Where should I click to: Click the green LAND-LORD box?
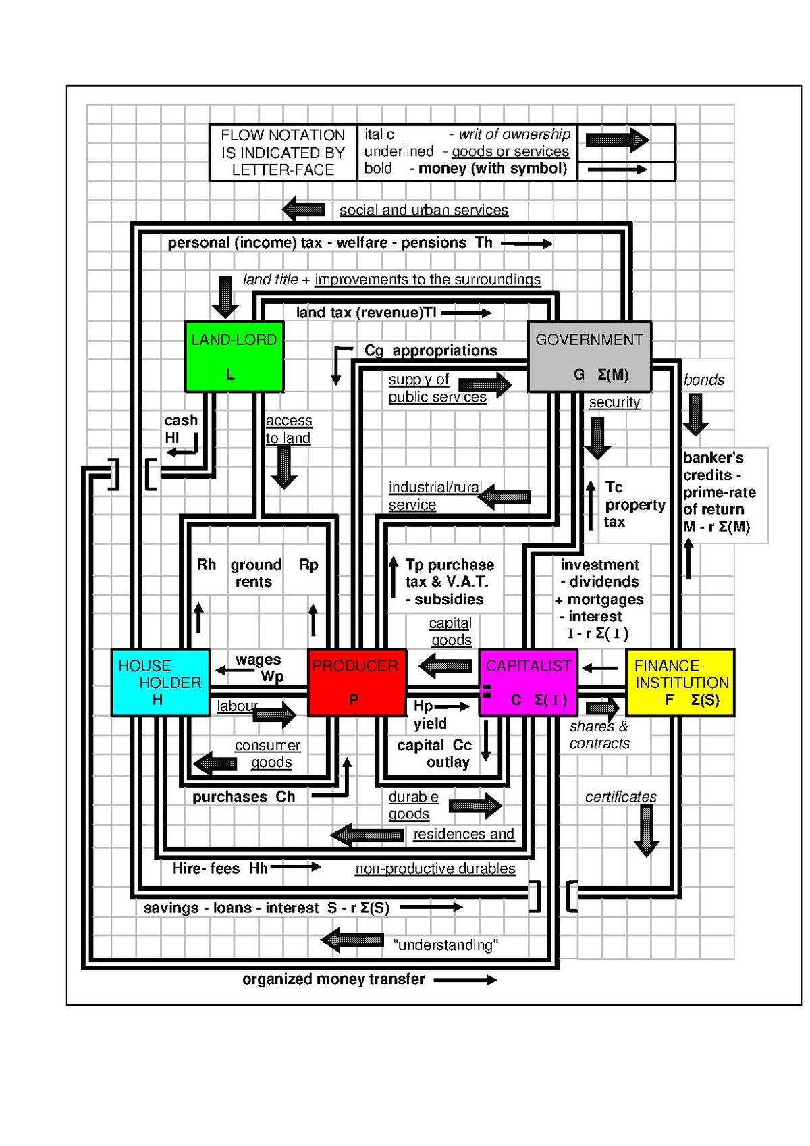click(x=234, y=357)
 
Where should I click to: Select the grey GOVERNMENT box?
click(x=589, y=357)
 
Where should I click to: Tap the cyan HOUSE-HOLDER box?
click(x=161, y=683)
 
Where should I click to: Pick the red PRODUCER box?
click(x=358, y=683)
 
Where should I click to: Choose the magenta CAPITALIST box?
click(x=529, y=683)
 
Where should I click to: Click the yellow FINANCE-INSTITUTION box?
click(x=680, y=683)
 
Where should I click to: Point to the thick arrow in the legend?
click(x=618, y=140)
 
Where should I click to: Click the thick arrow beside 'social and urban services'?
click(x=304, y=209)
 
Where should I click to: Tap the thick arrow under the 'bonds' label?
click(x=695, y=415)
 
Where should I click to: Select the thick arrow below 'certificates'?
click(x=647, y=831)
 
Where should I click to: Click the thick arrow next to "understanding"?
click(x=352, y=940)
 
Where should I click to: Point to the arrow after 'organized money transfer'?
click(x=465, y=980)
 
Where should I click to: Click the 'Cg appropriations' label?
click(x=431, y=350)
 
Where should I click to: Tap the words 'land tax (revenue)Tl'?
click(x=366, y=312)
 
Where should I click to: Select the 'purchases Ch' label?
click(x=244, y=797)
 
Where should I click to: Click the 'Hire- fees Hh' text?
click(x=220, y=868)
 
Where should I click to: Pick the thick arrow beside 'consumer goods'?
click(x=215, y=763)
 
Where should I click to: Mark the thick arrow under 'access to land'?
click(x=284, y=467)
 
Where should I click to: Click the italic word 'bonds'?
click(x=703, y=380)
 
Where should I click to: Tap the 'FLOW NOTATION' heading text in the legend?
click(x=283, y=135)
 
